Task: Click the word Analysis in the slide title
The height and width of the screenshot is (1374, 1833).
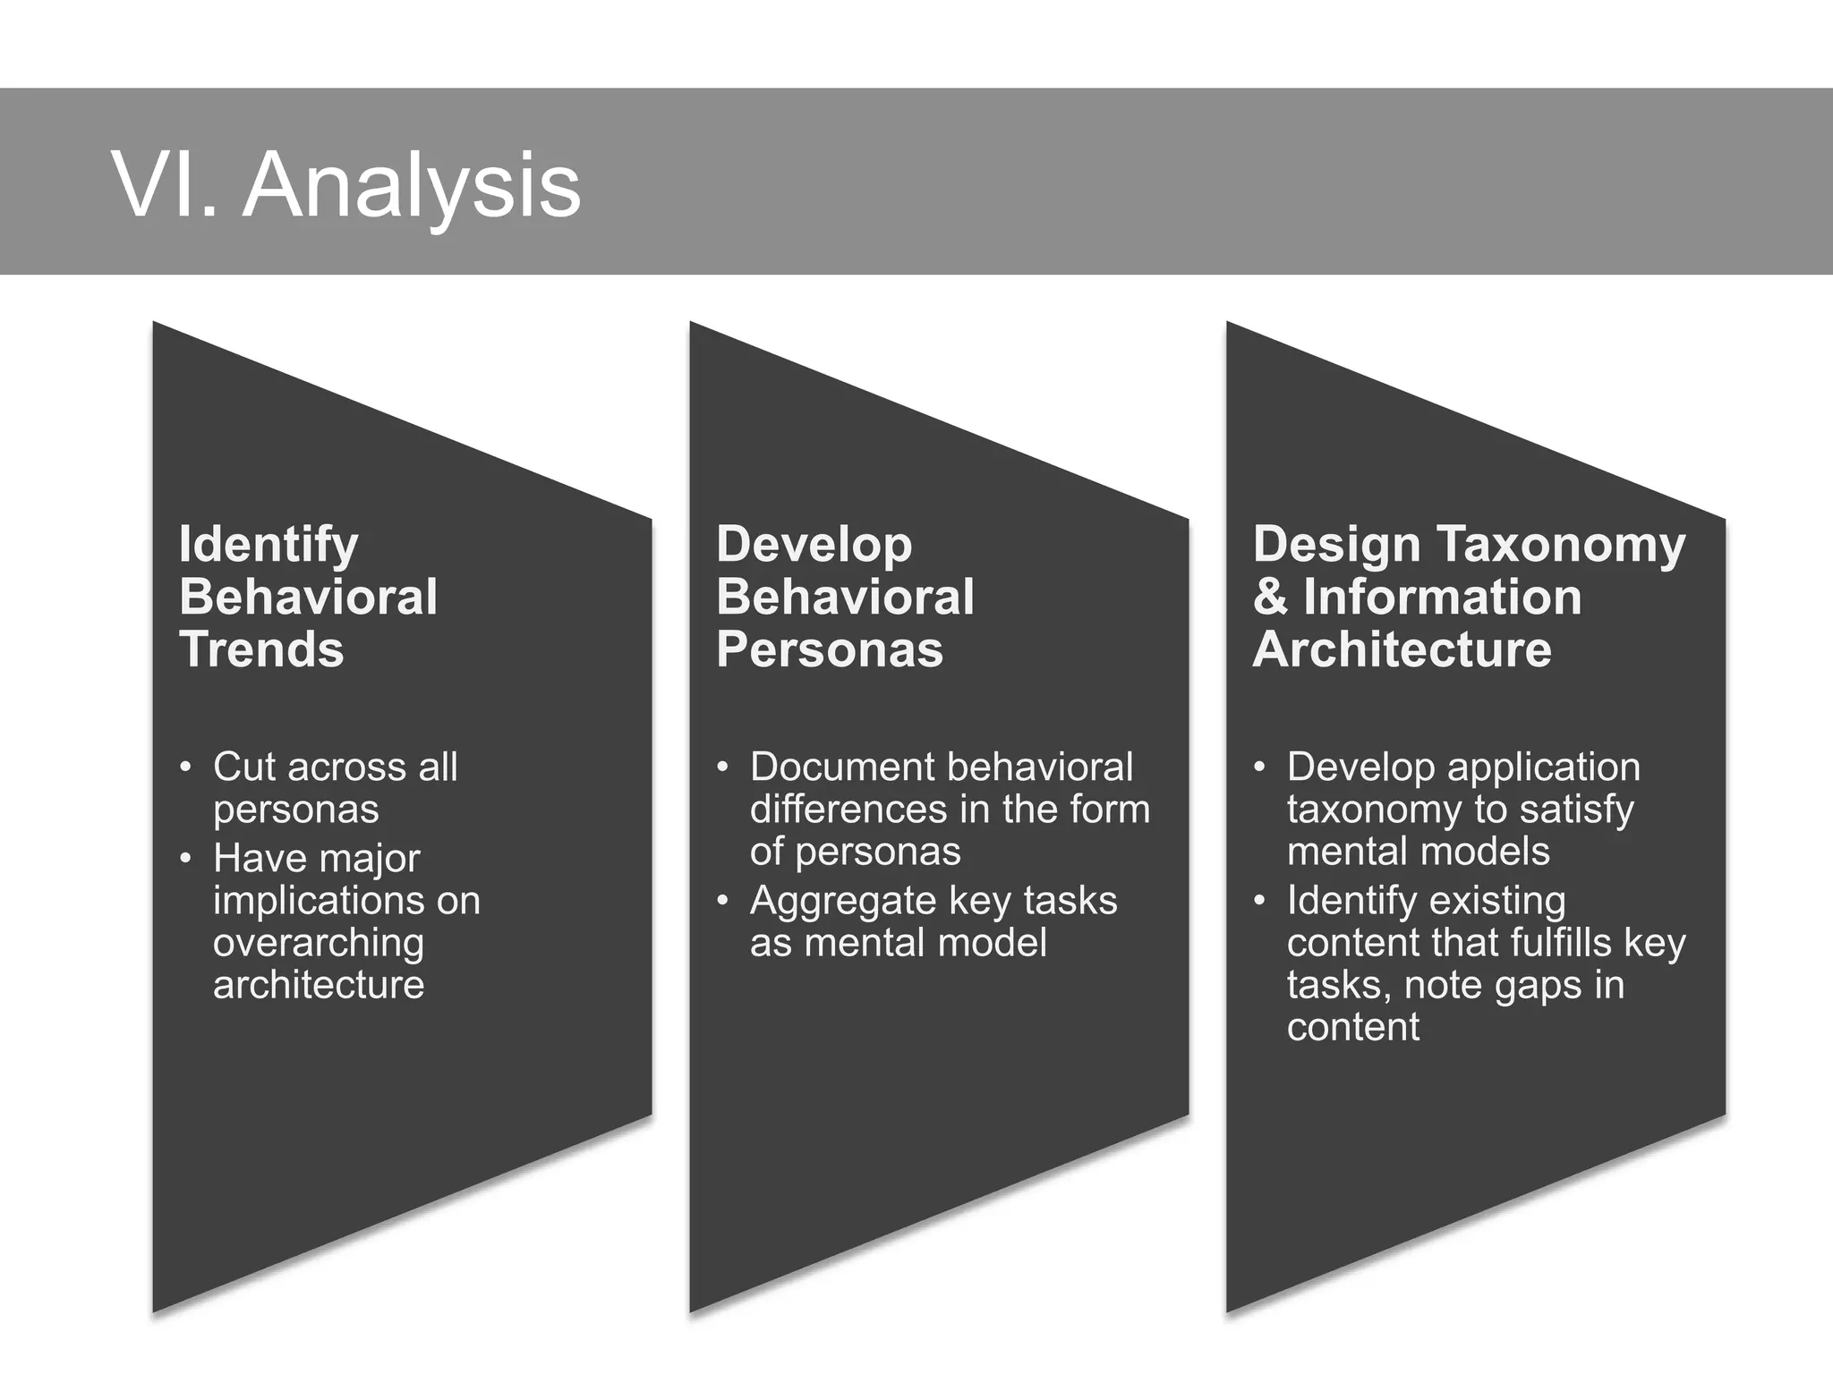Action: [412, 187]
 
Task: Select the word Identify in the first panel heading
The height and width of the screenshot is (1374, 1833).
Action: [269, 545]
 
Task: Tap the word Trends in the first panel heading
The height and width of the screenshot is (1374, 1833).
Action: [261, 649]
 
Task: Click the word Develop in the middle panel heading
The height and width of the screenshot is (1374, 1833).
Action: [814, 545]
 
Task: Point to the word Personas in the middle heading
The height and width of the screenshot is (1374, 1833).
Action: [829, 649]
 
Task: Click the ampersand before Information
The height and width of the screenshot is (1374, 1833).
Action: [1269, 598]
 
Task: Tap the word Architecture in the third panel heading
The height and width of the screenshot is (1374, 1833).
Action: [1402, 649]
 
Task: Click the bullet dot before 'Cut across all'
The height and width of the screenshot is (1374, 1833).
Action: [185, 768]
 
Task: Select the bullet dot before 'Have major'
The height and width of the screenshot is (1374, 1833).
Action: [185, 859]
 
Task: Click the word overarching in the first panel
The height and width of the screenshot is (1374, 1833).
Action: [319, 943]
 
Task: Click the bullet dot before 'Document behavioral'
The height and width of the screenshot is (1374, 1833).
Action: [722, 768]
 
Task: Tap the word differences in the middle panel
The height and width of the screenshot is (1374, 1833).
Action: [826, 810]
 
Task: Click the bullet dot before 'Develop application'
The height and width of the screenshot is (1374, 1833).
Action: [1259, 768]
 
